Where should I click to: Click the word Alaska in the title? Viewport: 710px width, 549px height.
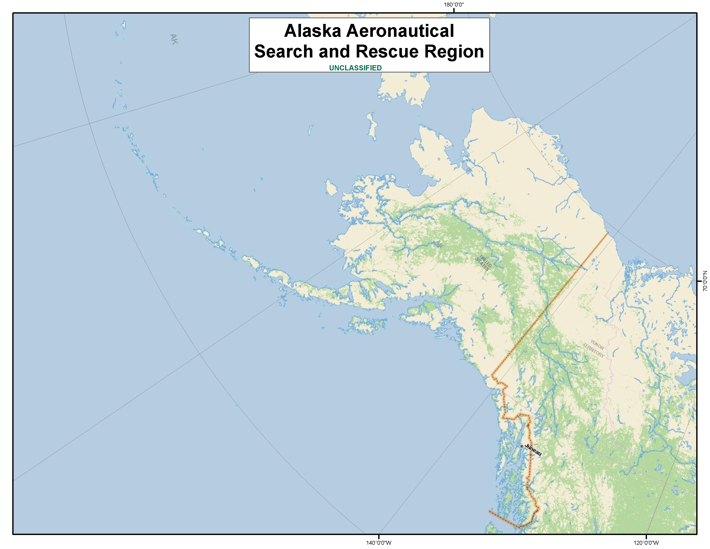(312, 31)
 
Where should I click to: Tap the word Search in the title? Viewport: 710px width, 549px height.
(284, 52)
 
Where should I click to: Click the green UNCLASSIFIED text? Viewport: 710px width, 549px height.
(355, 68)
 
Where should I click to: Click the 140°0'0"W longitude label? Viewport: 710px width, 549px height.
(379, 543)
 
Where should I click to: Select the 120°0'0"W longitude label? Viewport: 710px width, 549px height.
(646, 543)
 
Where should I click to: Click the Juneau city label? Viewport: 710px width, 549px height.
(533, 450)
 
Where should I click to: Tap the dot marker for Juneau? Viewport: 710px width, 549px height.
(522, 446)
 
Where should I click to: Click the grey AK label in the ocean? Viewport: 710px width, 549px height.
(174, 39)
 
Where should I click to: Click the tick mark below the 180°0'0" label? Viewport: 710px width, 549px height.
(454, 10)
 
